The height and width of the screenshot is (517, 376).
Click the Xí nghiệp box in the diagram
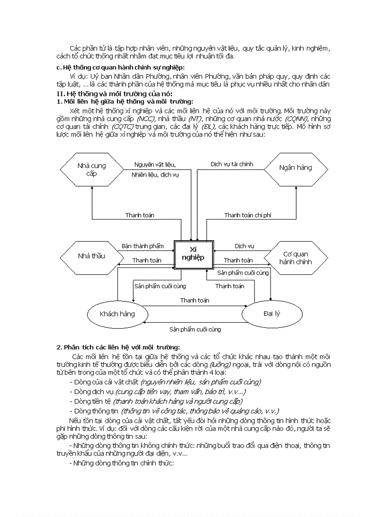pos(194,255)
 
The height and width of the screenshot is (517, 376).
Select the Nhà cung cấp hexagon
pos(91,169)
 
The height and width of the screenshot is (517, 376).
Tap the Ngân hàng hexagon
pos(295,168)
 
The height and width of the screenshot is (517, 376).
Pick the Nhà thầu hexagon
pos(91,256)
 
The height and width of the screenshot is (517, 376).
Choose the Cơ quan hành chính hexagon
pos(295,258)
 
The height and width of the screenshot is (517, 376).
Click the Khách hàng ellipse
pos(117,314)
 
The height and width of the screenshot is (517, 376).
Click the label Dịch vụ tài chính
pos(232,164)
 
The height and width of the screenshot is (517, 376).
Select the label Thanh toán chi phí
pos(247,215)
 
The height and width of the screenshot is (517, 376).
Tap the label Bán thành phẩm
pos(142,246)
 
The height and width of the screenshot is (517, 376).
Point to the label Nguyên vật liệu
pos(155,164)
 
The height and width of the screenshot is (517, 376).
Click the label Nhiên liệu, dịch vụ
pos(155,175)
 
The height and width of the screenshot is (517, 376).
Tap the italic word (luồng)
pos(220,365)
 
